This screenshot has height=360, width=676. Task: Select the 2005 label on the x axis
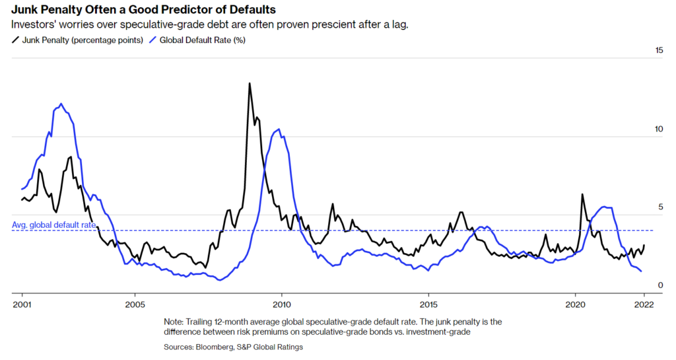click(135, 305)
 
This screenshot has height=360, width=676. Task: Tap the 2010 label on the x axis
click(281, 305)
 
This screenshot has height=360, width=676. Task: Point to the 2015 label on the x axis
click(428, 305)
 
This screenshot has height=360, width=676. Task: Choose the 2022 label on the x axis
click(644, 305)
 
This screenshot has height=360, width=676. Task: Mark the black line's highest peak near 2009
click(250, 84)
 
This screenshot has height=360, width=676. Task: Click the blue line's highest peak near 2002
click(61, 104)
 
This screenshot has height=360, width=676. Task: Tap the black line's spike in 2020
click(582, 194)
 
